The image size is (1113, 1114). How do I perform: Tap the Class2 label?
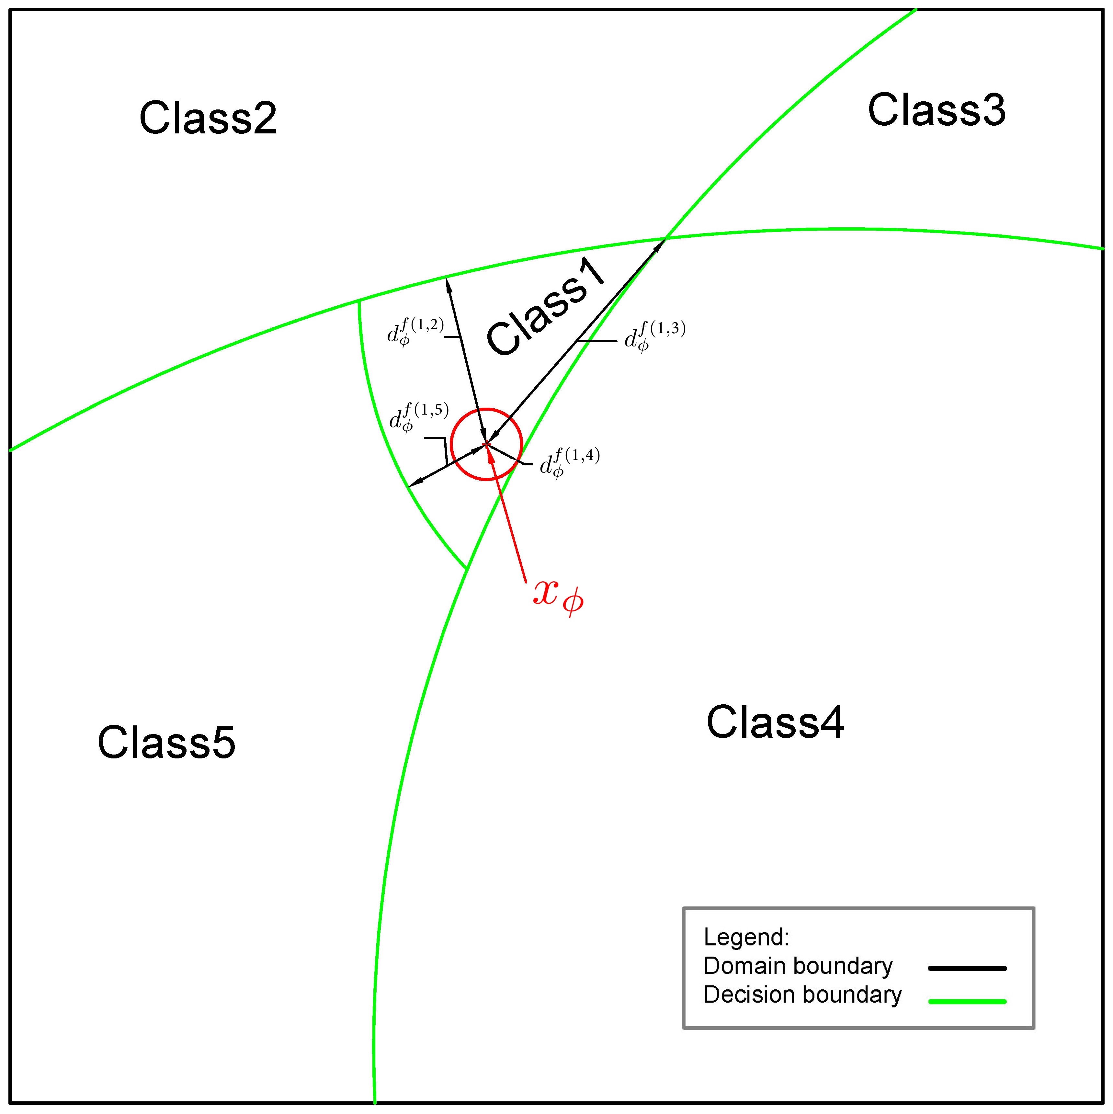click(x=208, y=118)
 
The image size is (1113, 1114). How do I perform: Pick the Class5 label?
click(x=167, y=743)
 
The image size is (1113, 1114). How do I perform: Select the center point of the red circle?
click(x=487, y=444)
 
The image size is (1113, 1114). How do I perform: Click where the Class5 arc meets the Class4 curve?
click(x=466, y=568)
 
